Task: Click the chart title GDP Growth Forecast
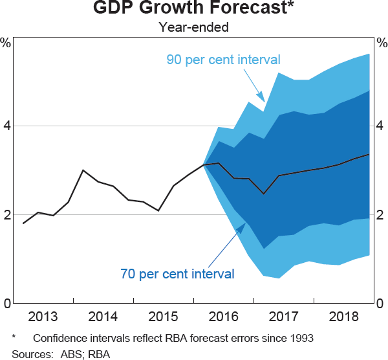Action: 193,9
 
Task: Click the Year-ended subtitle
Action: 193,27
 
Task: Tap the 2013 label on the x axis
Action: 43,317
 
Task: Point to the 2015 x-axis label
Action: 164,317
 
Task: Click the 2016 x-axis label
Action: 224,317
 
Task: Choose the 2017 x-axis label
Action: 285,317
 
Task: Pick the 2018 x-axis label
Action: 345,317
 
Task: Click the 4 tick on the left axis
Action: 7,126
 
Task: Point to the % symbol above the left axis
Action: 6,43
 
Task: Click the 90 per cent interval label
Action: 223,60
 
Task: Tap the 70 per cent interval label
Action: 177,274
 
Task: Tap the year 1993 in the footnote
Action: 301,338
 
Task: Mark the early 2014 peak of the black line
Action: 83,170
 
